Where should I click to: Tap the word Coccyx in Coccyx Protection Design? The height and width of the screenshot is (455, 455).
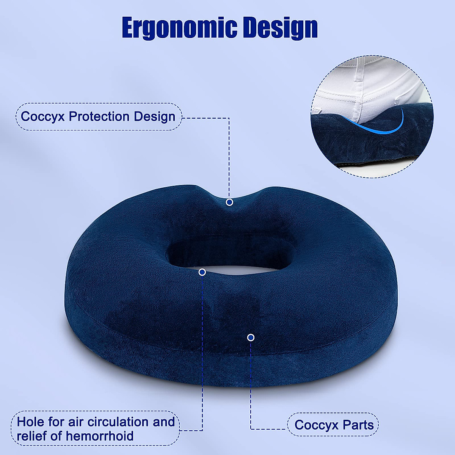43,116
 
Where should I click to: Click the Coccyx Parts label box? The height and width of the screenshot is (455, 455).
333,425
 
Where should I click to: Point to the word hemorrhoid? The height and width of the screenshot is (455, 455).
100,436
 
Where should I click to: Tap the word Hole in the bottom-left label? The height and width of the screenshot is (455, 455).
30,422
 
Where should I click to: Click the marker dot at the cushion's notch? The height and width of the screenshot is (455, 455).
229,202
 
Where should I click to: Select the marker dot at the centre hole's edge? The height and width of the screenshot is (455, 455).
202,272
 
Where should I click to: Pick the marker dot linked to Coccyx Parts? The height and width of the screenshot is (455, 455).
251,337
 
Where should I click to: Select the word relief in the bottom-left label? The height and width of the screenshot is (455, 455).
32,436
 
